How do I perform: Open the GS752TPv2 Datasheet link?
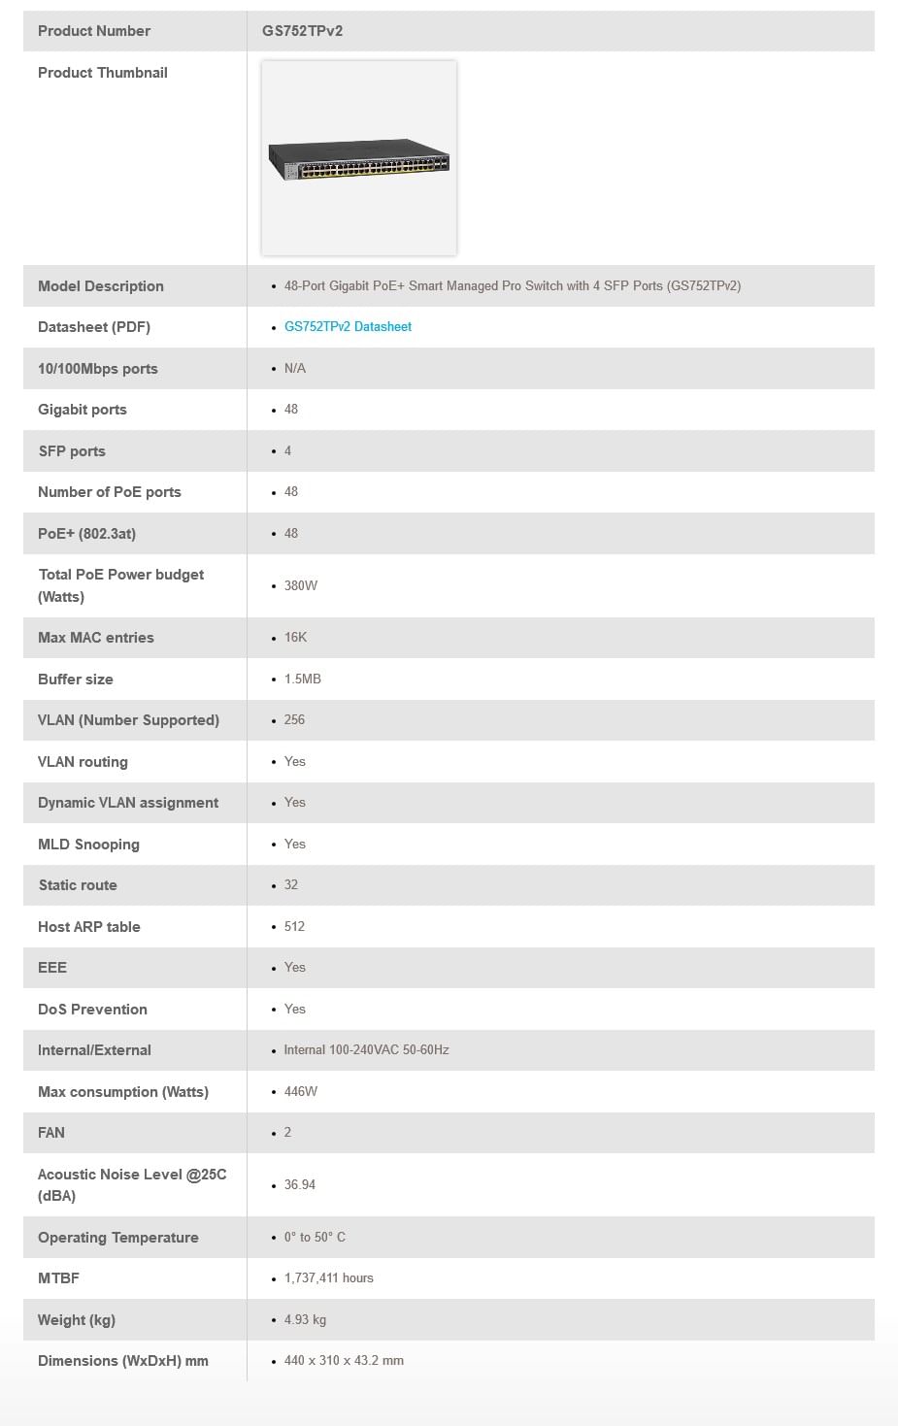click(x=348, y=327)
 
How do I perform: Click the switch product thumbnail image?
click(x=359, y=158)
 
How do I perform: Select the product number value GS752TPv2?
click(x=302, y=31)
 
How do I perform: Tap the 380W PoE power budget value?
click(x=301, y=586)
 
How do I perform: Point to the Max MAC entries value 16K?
click(x=295, y=638)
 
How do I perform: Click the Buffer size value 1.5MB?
click(x=302, y=680)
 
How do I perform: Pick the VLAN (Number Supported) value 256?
click(x=294, y=720)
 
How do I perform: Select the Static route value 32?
click(x=291, y=885)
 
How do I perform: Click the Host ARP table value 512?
click(x=294, y=927)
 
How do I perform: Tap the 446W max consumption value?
click(x=301, y=1092)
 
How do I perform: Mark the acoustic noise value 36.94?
click(x=300, y=1185)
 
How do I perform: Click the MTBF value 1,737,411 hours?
click(x=328, y=1278)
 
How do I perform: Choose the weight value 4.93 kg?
click(x=305, y=1320)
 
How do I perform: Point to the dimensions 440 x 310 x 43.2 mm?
click(x=344, y=1361)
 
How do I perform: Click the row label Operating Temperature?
click(x=118, y=1238)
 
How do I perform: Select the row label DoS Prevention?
click(x=92, y=1010)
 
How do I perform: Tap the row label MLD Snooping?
click(x=88, y=845)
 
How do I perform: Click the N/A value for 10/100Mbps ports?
click(x=295, y=369)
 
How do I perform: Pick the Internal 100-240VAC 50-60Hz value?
click(x=366, y=1050)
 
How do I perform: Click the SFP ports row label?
click(x=72, y=451)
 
